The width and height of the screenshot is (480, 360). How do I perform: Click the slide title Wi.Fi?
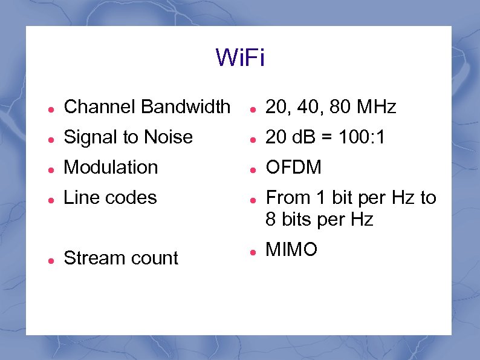click(240, 59)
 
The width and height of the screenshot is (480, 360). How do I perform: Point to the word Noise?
click(167, 137)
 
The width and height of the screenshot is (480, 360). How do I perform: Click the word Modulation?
click(111, 168)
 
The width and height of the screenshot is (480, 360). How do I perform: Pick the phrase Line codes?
click(110, 198)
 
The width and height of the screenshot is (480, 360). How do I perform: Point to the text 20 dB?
click(290, 137)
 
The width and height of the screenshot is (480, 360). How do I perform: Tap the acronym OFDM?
click(294, 168)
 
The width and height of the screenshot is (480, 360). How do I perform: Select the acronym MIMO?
click(291, 250)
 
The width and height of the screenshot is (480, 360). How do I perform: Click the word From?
click(287, 198)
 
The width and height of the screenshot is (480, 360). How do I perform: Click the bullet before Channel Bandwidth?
click(52, 109)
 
